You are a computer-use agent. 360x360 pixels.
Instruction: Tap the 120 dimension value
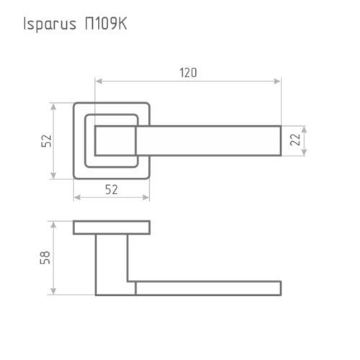click(188, 73)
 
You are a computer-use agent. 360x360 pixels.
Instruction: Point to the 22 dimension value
click(294, 141)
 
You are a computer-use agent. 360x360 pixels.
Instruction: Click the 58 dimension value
click(45, 258)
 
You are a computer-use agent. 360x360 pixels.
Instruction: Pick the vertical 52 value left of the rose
click(45, 141)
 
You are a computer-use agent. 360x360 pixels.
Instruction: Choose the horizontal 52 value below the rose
click(112, 189)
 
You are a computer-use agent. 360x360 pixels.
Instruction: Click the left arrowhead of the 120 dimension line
click(99, 82)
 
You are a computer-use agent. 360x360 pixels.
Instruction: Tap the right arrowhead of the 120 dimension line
click(278, 82)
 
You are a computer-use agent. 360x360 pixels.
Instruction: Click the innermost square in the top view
click(112, 140)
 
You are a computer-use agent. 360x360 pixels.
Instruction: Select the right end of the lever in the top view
click(277, 141)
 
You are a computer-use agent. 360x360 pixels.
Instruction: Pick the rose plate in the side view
click(112, 228)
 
